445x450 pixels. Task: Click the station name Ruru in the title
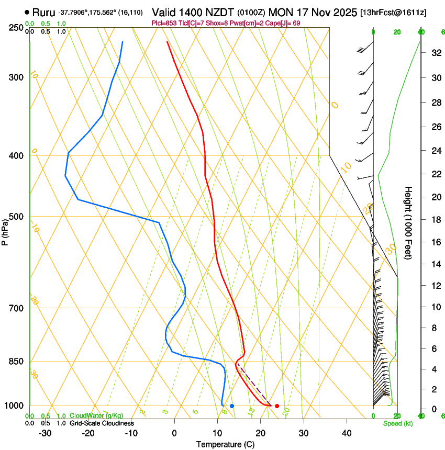tap(43, 12)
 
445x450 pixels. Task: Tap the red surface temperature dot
tap(277, 406)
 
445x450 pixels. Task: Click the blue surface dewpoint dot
tap(232, 406)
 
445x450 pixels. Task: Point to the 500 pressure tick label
tap(16, 217)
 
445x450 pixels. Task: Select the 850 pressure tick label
tap(16, 362)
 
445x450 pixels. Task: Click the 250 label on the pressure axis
tap(16, 28)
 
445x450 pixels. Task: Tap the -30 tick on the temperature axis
tap(45, 433)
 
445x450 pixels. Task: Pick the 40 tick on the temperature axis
tap(346, 433)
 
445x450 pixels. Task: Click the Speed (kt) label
tap(397, 423)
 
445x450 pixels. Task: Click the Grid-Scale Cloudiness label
tap(102, 423)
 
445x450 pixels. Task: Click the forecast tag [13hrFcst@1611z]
tap(393, 12)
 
